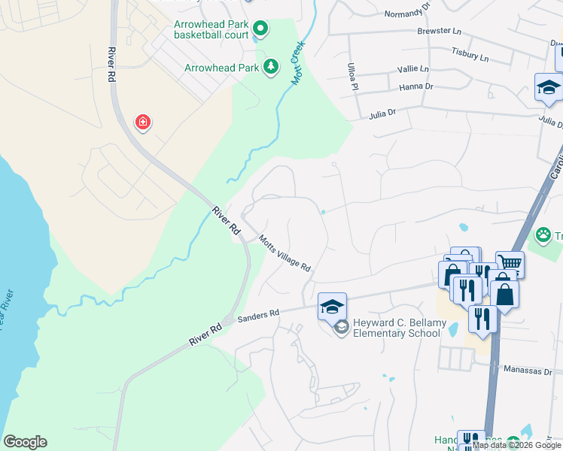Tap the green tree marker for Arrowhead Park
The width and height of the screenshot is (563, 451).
point(270,68)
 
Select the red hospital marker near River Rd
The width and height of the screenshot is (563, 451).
point(142,123)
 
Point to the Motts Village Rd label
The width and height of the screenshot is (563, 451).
point(285,253)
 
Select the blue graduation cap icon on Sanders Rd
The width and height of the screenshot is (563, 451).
point(332,306)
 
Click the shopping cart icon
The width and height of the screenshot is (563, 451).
point(510,264)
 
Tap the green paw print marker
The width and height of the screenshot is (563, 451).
point(543,236)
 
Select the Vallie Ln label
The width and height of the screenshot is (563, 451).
point(413,69)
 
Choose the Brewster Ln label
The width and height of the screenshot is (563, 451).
point(439,32)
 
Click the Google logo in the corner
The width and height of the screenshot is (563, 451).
point(25,442)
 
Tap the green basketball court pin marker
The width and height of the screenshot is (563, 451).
point(260,30)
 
